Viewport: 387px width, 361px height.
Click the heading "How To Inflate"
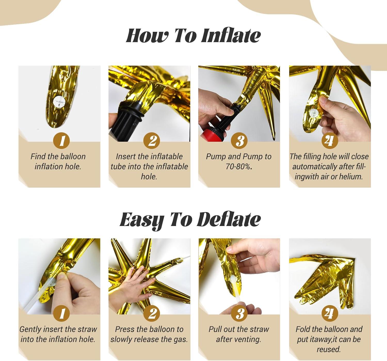(x=193, y=36)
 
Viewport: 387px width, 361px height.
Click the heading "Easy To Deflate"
(x=190, y=220)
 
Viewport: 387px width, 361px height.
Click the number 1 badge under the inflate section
(x=61, y=141)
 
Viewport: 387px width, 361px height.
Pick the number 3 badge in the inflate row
(x=240, y=141)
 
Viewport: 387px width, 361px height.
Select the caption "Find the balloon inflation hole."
(x=58, y=162)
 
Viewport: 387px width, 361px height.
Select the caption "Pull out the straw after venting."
(x=239, y=334)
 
